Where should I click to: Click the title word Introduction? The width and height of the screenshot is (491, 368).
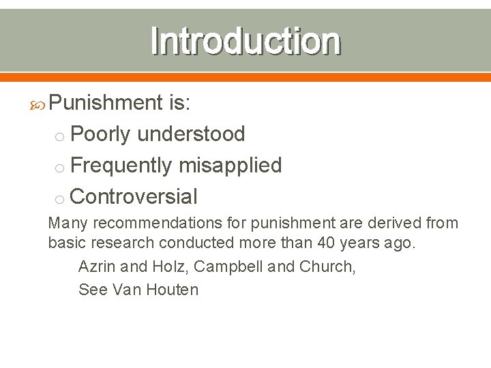(x=245, y=41)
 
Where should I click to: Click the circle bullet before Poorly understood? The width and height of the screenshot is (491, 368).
(x=60, y=136)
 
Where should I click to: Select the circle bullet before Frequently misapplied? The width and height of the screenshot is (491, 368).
(x=60, y=168)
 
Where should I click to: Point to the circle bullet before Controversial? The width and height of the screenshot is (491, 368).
(x=60, y=199)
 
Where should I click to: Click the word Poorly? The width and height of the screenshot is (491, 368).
(x=100, y=134)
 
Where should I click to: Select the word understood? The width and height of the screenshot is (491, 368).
(x=191, y=134)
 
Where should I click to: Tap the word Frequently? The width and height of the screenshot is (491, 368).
(x=121, y=166)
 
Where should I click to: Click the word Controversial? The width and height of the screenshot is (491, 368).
(x=134, y=197)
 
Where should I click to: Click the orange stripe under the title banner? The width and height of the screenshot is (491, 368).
(x=245, y=76)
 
